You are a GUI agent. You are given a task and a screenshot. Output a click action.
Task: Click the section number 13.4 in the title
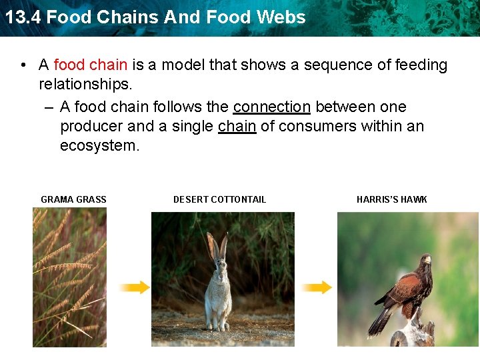pyautogui.click(x=22, y=17)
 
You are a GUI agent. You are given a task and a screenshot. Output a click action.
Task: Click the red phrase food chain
pyautogui.click(x=90, y=65)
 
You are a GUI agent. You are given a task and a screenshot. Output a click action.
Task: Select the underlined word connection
pyautogui.click(x=272, y=107)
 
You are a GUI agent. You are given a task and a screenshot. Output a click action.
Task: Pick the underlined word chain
pyautogui.click(x=237, y=127)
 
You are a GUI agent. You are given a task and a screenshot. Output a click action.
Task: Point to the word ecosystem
pyautogui.click(x=99, y=146)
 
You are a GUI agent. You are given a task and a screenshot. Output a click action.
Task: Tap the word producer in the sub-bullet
pyautogui.click(x=91, y=127)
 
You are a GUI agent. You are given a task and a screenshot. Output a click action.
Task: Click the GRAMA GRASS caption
pyautogui.click(x=73, y=199)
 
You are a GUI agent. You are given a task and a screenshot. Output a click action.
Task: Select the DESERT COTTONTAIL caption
pyautogui.click(x=219, y=199)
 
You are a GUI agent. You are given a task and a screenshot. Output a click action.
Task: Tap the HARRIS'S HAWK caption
pyautogui.click(x=391, y=199)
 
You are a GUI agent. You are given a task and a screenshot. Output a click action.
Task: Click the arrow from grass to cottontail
pyautogui.click(x=135, y=287)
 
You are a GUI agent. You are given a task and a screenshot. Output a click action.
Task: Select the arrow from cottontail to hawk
pyautogui.click(x=316, y=287)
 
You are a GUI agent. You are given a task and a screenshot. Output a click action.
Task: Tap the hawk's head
pyautogui.click(x=423, y=259)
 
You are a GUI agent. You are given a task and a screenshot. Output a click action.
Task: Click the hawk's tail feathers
pyautogui.click(x=381, y=319)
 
